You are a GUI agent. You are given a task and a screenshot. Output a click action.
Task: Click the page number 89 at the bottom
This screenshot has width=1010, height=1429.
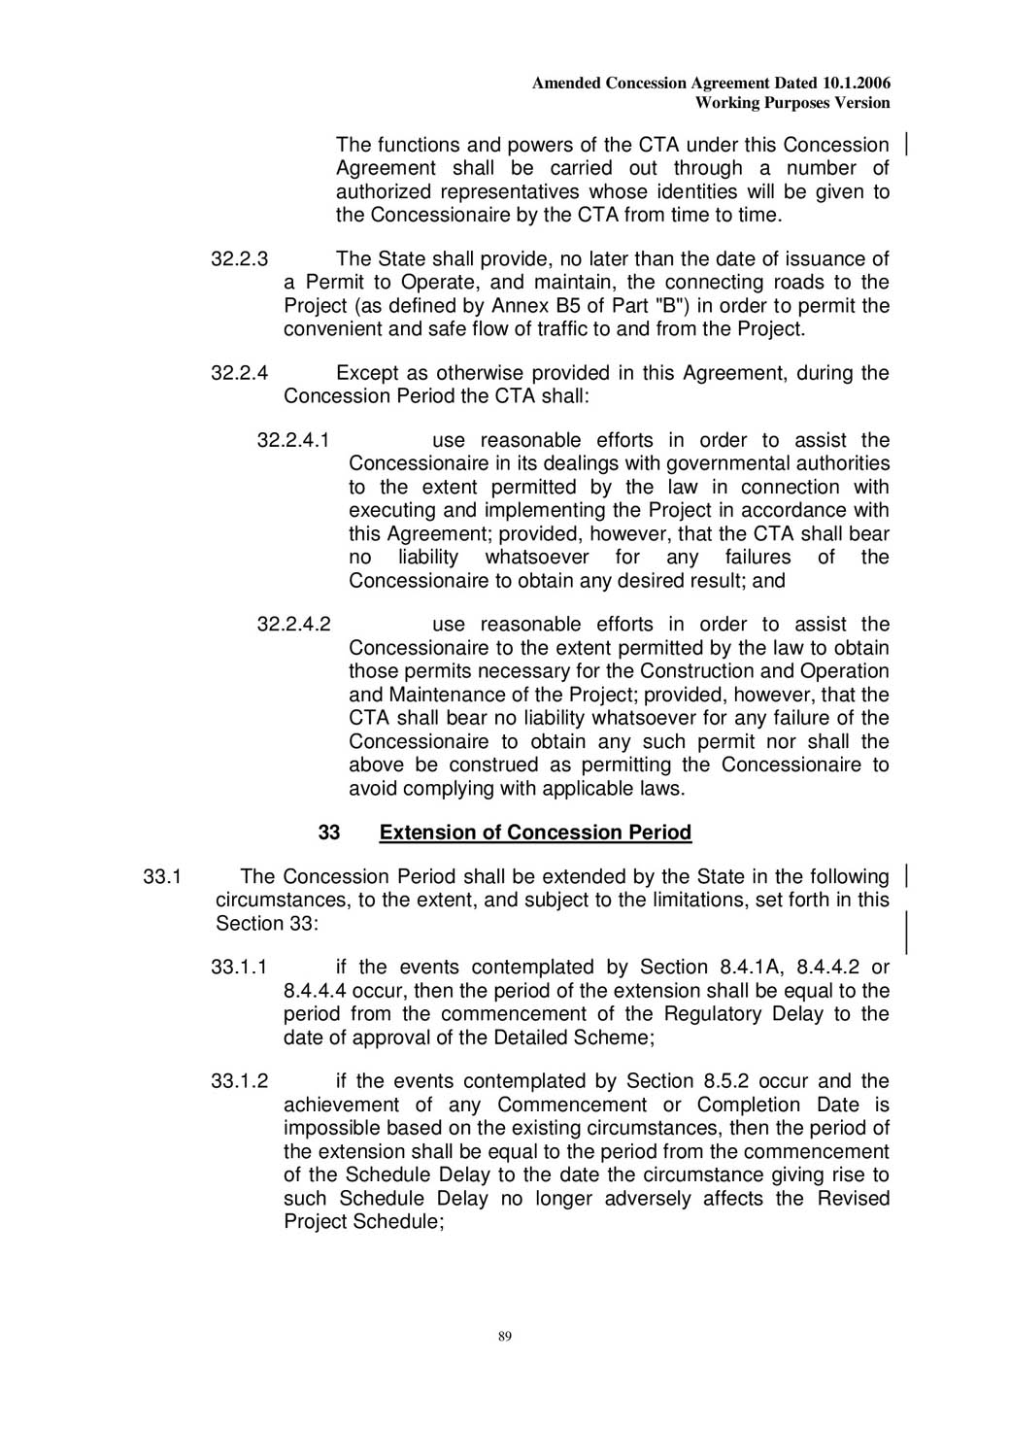(504, 1337)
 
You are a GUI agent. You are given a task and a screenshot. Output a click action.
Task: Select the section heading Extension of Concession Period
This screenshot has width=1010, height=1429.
(535, 833)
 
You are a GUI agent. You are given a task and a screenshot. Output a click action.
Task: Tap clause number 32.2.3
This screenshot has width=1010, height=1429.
(239, 259)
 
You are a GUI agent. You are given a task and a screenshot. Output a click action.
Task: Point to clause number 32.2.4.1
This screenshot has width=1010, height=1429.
(293, 441)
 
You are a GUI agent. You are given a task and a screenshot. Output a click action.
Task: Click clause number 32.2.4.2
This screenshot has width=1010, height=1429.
(293, 625)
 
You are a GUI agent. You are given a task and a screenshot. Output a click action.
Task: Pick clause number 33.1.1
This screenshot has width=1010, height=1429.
(239, 968)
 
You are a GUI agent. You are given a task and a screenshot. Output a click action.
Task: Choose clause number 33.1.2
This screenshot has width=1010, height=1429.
(239, 1082)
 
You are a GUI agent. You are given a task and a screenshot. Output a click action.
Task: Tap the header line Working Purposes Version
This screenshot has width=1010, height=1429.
(792, 103)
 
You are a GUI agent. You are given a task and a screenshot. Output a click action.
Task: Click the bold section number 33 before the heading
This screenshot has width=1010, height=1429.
(329, 833)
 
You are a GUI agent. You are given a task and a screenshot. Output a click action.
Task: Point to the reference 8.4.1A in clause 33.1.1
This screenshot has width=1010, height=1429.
(750, 968)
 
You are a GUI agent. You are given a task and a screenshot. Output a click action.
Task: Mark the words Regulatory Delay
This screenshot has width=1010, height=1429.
(745, 1014)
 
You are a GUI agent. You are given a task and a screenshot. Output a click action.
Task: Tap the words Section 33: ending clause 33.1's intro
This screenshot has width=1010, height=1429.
(266, 924)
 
